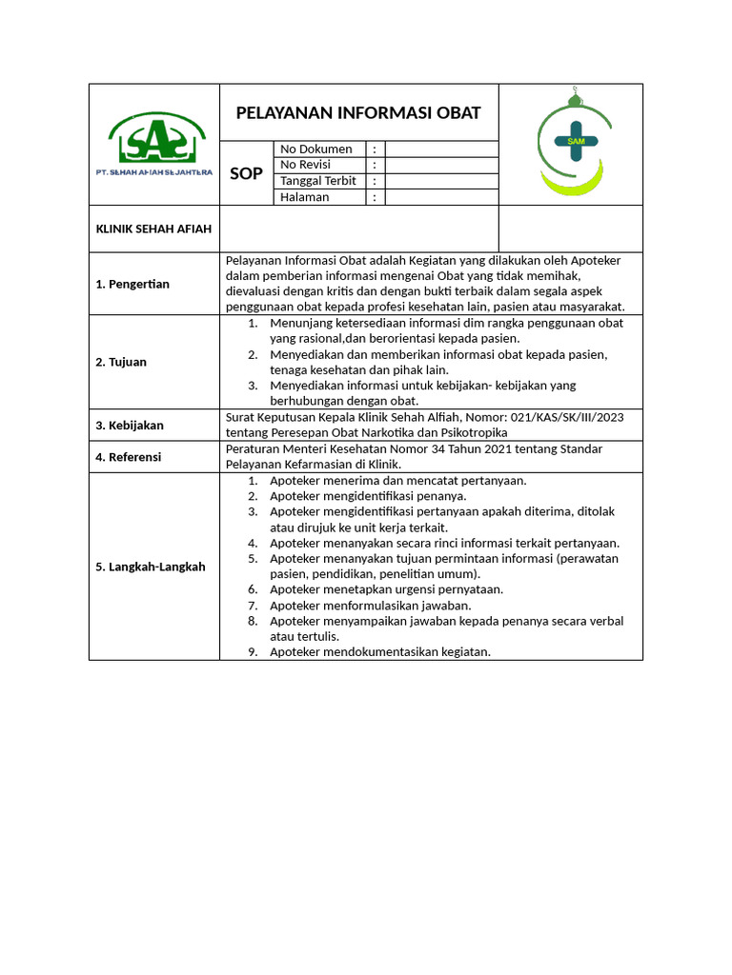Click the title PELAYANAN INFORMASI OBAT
[358, 113]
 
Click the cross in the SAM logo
[576, 141]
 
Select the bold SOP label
[247, 173]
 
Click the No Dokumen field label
[316, 149]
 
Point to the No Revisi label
[311, 165]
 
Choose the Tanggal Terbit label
[318, 181]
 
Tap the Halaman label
[305, 197]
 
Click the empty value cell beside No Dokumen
[441, 149]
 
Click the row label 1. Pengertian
[132, 284]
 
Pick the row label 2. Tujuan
[122, 362]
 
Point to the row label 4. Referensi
[130, 457]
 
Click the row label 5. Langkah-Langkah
[151, 567]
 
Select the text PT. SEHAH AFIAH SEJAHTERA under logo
[154, 171]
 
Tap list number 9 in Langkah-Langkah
[253, 652]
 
